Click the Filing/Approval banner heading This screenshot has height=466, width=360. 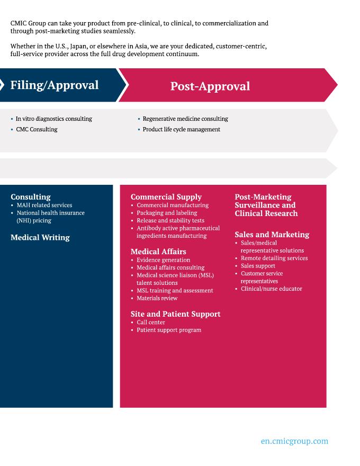pos(55,85)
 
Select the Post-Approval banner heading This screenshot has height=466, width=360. pos(210,86)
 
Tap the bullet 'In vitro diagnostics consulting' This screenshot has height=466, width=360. pos(53,119)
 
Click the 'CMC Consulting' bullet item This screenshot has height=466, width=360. pos(37,129)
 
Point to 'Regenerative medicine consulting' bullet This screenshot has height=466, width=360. pos(185,119)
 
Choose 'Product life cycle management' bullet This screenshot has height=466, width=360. pos(181,129)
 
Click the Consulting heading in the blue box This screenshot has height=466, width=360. pos(31,196)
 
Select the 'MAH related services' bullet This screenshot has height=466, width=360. pos(44,205)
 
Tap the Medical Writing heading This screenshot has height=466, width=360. pos(40,237)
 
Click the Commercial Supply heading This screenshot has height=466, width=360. pos(166,196)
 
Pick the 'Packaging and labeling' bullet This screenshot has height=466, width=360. pos(167,213)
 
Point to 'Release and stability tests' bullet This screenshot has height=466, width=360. pos(170,220)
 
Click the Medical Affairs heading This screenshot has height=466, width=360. pos(158,251)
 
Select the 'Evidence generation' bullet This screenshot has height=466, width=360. pos(163,260)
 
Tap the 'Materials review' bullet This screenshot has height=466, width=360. pos(157,298)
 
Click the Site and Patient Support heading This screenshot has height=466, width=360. pos(175,313)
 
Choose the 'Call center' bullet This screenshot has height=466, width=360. pos(151,322)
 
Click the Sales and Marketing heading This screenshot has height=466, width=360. pos(272,234)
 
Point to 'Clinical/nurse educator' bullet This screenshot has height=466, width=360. pos(271,289)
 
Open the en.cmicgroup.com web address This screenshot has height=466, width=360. pos(294,441)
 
